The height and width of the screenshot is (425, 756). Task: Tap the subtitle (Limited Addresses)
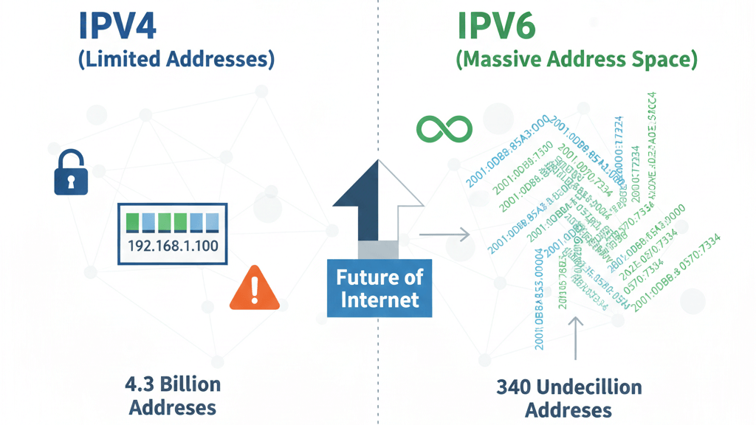pos(176,59)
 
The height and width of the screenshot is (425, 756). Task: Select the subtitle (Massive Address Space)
pos(576,59)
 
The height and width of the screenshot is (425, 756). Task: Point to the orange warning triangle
pos(255,289)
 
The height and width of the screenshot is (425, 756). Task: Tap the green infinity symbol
pos(444,129)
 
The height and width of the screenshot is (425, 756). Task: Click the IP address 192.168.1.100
pos(173,246)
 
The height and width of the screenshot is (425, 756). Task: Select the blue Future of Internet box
pos(378,288)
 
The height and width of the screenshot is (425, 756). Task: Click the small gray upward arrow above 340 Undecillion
pos(576,332)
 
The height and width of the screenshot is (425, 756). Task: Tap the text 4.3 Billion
pos(173,384)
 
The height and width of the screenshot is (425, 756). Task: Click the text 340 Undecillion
pos(568,387)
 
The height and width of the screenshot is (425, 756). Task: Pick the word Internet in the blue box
pos(378,300)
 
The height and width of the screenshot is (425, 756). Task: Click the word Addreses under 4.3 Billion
pos(173,407)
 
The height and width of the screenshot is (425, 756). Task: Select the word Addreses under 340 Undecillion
pos(568,410)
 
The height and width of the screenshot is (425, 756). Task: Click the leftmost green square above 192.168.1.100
pos(133,222)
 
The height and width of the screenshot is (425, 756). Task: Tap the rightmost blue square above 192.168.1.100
pos(212,222)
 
